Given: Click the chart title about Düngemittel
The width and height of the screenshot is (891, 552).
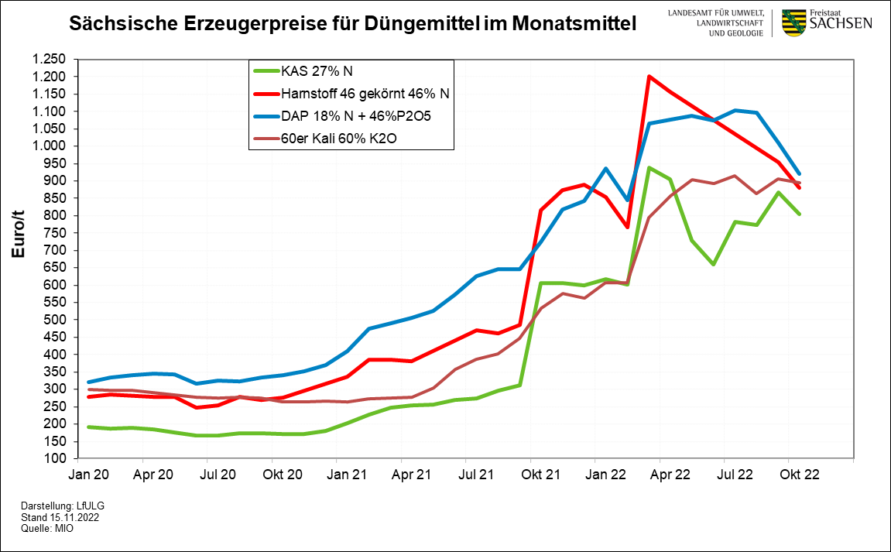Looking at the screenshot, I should click(x=353, y=23).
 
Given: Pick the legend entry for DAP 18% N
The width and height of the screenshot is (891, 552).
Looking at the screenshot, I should click(x=357, y=117).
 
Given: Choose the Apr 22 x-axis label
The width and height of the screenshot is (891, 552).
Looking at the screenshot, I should click(x=660, y=471).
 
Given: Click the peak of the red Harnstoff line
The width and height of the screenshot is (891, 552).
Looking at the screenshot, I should click(x=649, y=76).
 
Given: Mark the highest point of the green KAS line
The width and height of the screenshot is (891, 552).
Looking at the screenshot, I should click(x=649, y=167).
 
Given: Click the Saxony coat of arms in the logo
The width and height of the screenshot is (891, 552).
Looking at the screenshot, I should click(x=793, y=23).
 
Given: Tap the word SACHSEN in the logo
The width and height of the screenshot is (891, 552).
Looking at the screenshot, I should click(x=841, y=24).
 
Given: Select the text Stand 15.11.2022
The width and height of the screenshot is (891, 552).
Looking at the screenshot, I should click(x=60, y=516).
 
